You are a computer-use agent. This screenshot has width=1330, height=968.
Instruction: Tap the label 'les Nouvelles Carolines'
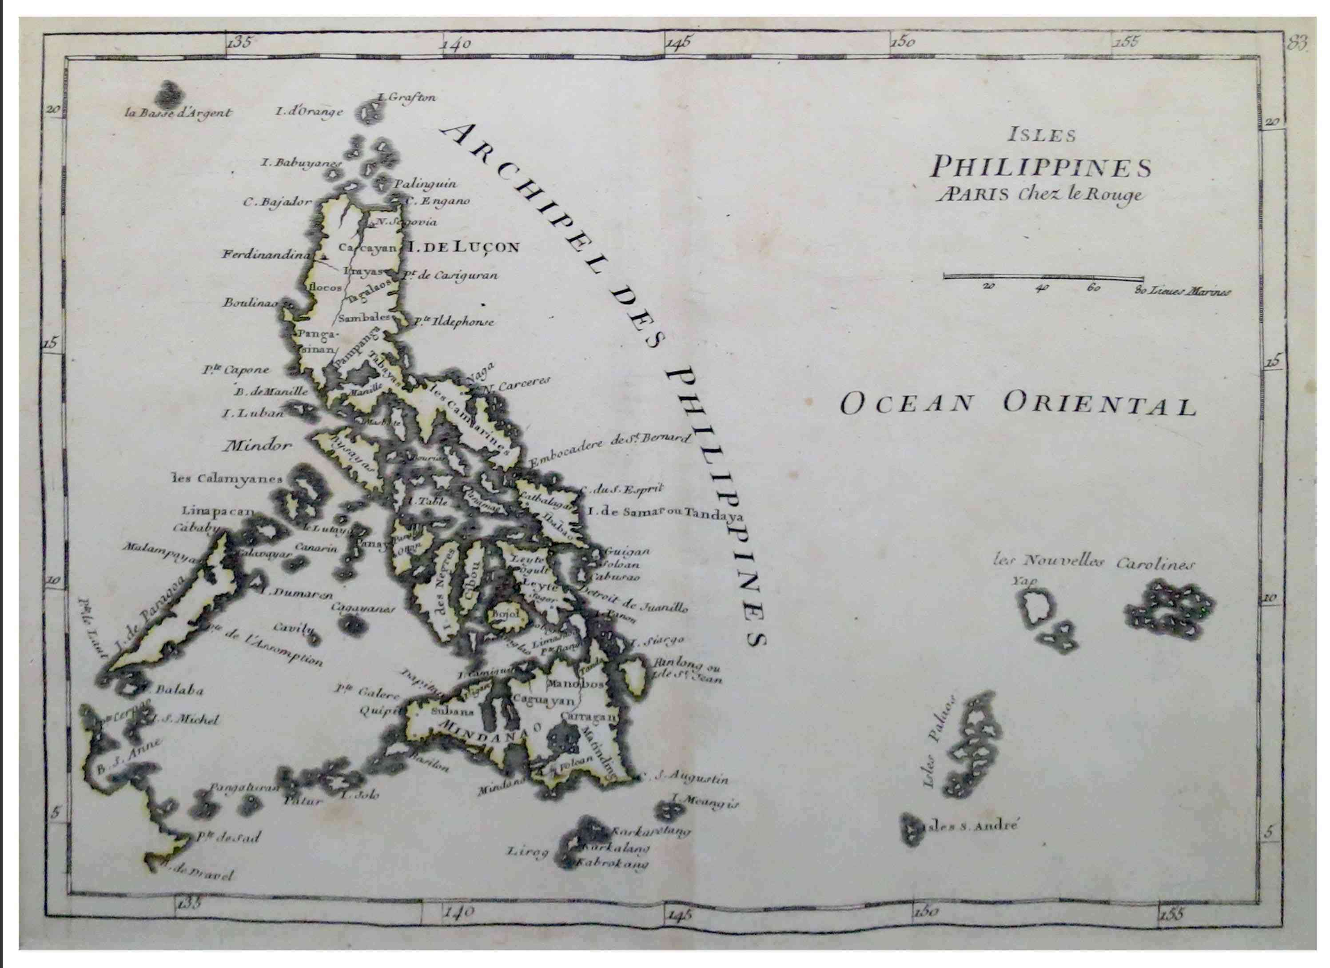(1094, 563)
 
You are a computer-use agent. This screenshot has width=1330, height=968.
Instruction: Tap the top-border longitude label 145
(678, 42)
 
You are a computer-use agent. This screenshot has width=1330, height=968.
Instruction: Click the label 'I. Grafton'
(407, 98)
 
